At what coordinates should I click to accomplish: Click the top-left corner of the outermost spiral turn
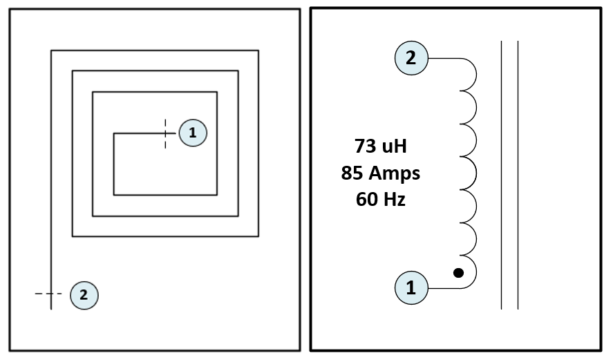51,50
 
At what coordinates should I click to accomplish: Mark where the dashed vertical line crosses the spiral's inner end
165,133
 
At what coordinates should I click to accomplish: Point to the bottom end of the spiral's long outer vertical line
51,309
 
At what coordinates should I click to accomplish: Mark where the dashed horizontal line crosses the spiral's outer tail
51,294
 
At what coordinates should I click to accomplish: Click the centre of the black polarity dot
459,273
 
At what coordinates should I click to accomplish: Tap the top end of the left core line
502,41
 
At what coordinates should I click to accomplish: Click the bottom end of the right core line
518,309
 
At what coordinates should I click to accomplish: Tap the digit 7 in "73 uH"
359,146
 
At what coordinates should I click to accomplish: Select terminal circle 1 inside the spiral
193,133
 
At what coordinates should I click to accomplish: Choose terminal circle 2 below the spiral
84,295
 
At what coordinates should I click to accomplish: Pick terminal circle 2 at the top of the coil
411,58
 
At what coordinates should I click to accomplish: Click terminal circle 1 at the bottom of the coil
411,287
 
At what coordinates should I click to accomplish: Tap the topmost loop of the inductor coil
468,74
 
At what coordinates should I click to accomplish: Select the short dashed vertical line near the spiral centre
165,134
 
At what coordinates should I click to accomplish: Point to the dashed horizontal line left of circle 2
48,294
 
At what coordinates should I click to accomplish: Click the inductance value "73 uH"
380,146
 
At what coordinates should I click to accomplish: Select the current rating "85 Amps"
380,173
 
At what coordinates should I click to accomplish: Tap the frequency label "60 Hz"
380,199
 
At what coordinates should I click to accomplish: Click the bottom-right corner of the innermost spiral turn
217,195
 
